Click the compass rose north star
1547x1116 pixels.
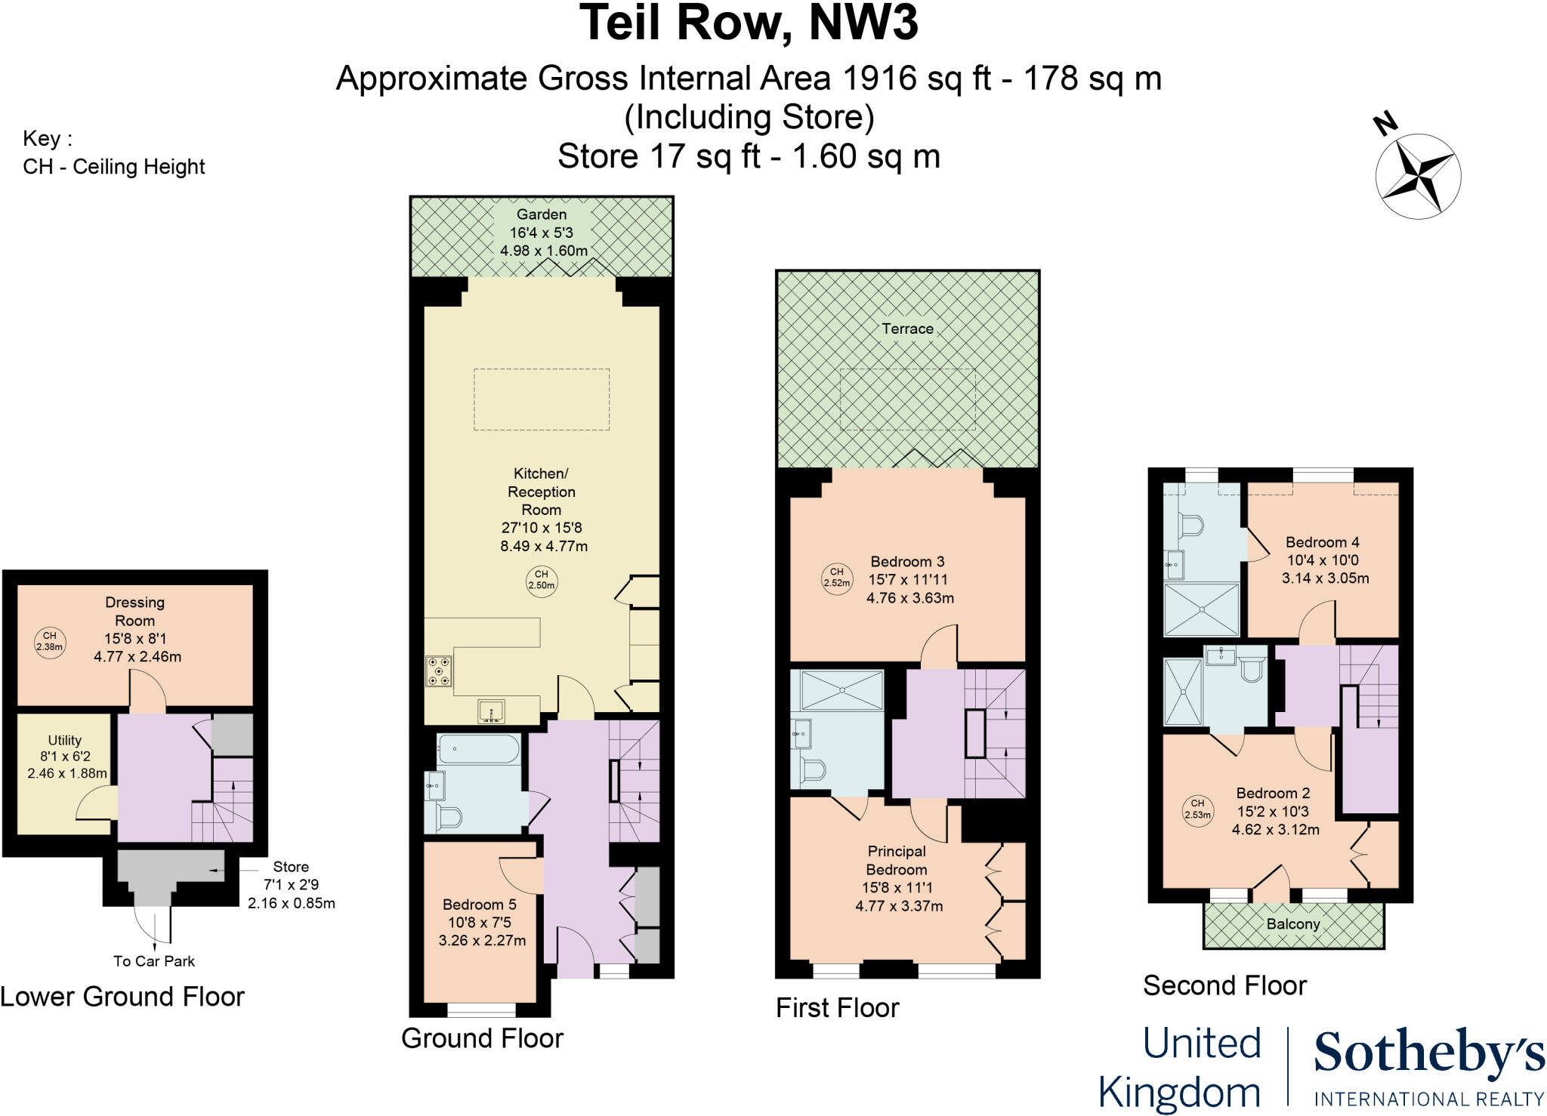[x=1418, y=176]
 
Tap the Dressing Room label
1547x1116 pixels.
[x=134, y=612]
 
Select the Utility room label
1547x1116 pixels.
[x=64, y=741]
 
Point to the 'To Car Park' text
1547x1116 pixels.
[x=154, y=961]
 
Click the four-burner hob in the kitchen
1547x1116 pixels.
[x=439, y=671]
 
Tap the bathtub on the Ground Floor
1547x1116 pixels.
[x=478, y=749]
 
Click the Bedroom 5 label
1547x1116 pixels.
[x=480, y=905]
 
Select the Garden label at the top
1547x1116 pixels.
[x=542, y=214]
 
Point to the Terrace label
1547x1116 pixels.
[x=907, y=329]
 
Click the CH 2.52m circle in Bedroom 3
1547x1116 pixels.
[x=837, y=578]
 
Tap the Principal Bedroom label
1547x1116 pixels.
[x=896, y=861]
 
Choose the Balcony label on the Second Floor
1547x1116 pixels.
[x=1293, y=924]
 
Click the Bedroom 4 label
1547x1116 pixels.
[x=1323, y=542]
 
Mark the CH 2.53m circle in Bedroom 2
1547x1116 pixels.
[x=1197, y=809]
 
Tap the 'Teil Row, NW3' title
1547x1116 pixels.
[x=749, y=22]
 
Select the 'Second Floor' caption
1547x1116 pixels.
[x=1224, y=985]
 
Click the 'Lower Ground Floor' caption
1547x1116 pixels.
[x=122, y=997]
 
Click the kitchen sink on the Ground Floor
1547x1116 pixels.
[x=492, y=711]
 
